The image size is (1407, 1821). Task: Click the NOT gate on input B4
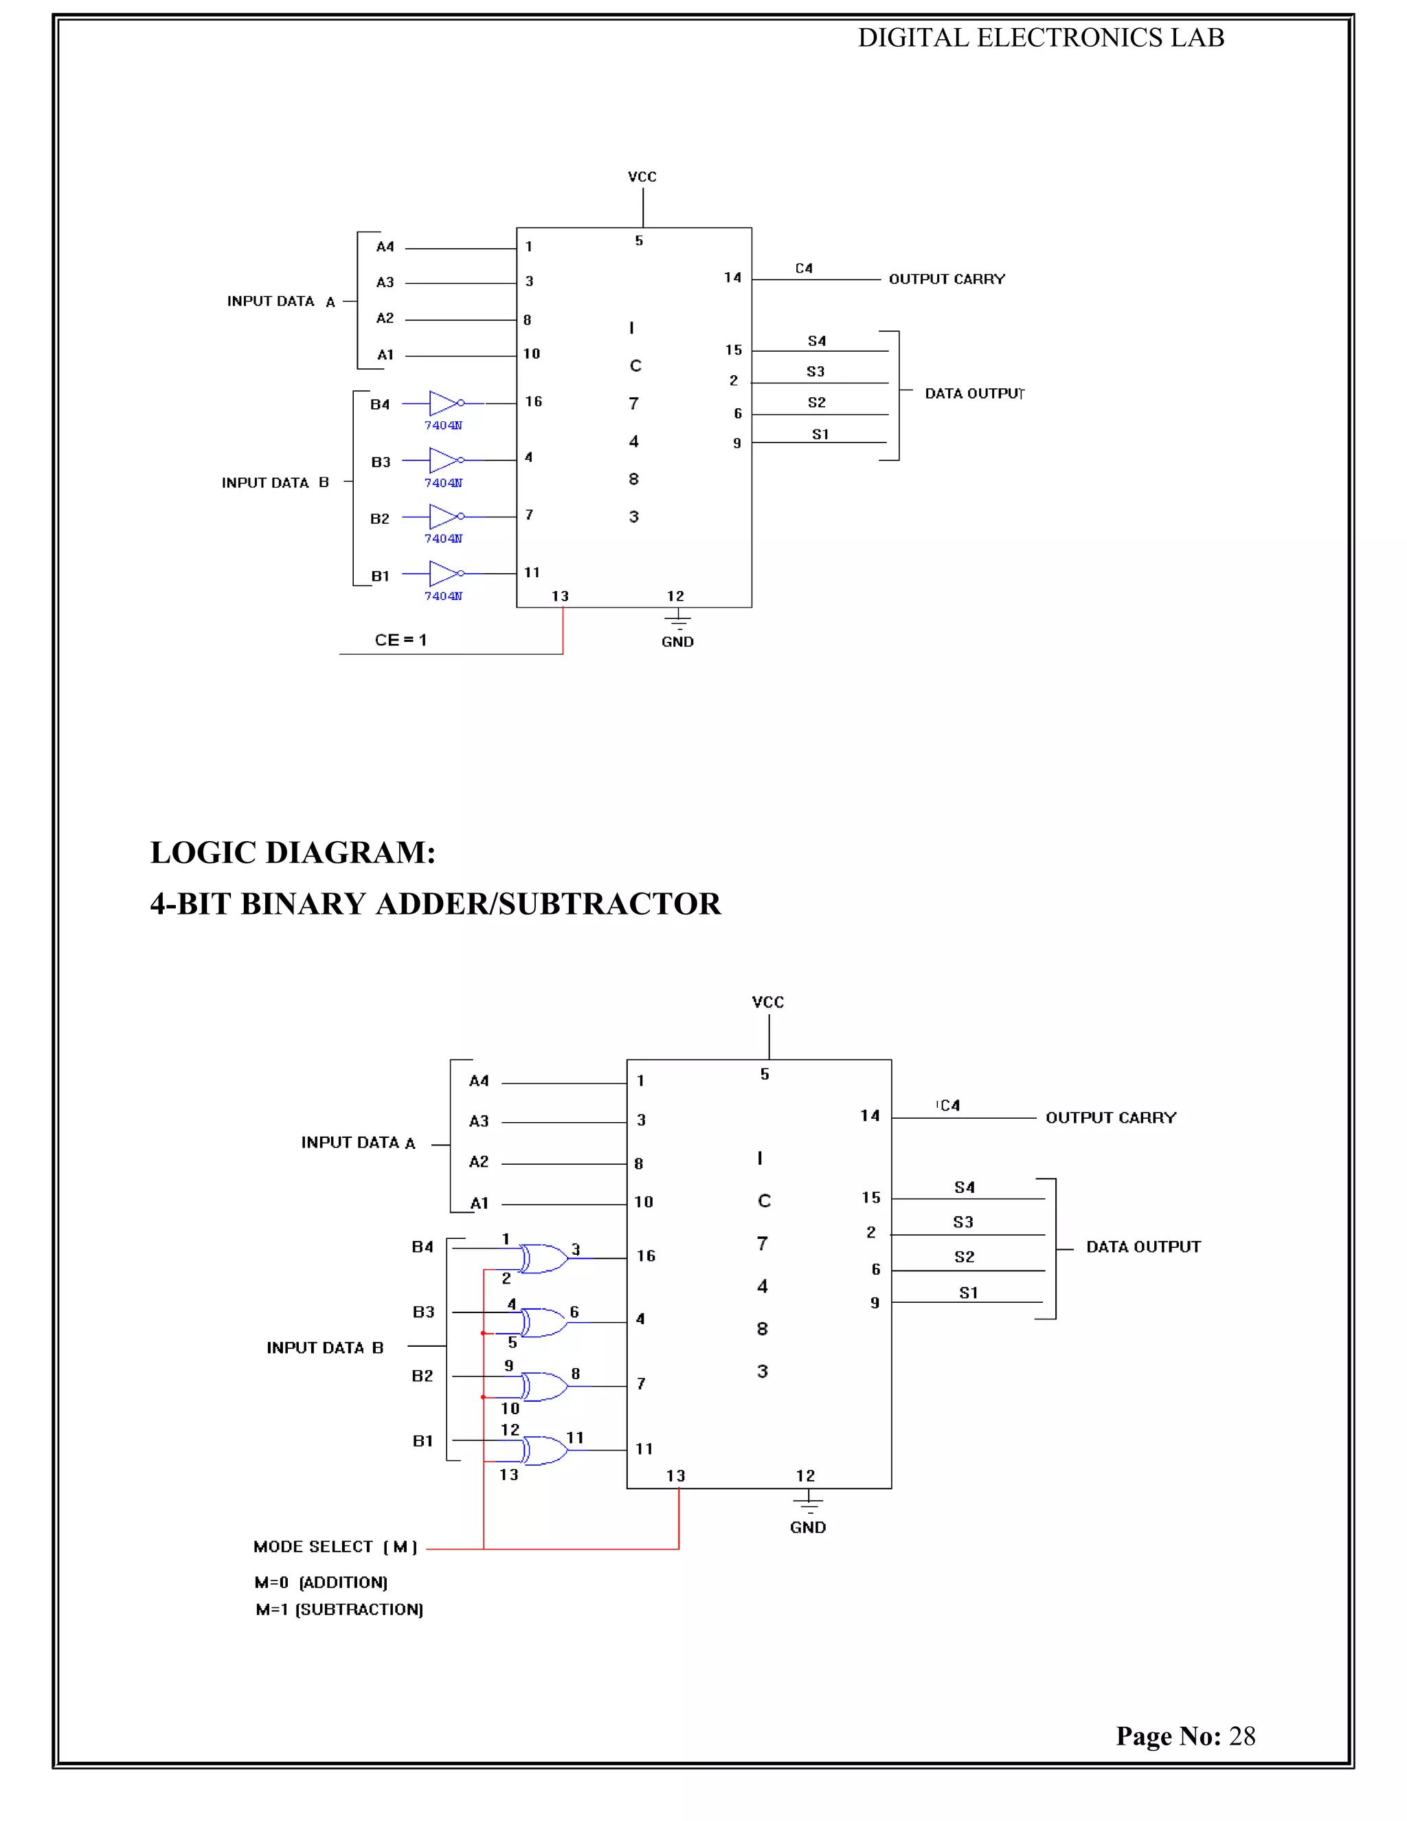(x=446, y=403)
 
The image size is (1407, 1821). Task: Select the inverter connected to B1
(x=446, y=574)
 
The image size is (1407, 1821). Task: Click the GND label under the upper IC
(x=677, y=641)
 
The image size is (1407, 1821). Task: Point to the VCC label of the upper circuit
(x=642, y=177)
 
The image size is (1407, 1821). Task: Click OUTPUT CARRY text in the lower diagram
(x=1110, y=1117)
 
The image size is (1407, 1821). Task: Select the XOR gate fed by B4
(x=543, y=1258)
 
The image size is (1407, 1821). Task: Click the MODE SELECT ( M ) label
(x=335, y=1547)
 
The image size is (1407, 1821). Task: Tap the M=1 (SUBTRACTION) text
(x=339, y=1609)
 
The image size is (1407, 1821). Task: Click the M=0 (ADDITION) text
(x=321, y=1582)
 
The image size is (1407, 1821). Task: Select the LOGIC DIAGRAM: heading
(x=293, y=852)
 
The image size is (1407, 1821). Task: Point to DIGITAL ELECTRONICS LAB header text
(x=1040, y=38)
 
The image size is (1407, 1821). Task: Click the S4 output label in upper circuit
(x=816, y=341)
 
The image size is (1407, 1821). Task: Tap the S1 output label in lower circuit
(x=968, y=1293)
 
